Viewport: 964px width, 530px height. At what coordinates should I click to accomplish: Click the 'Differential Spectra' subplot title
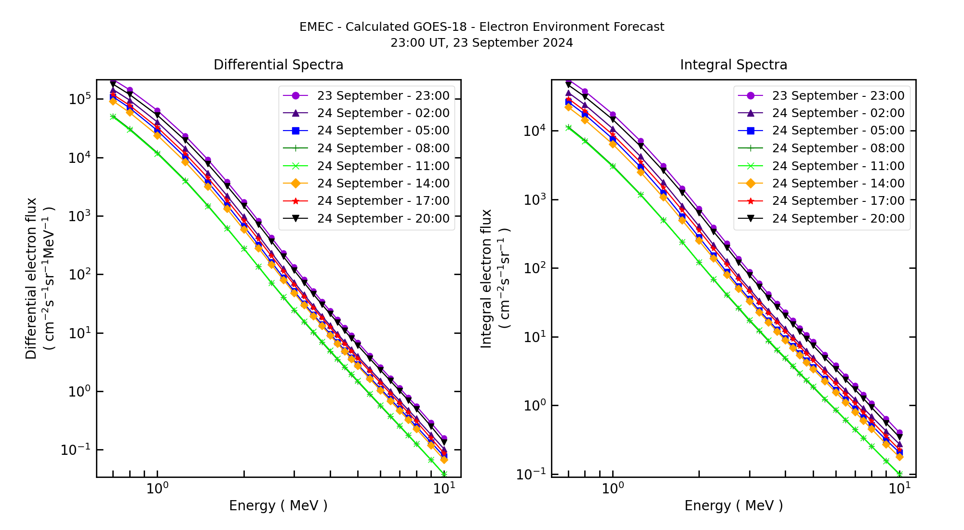(278, 65)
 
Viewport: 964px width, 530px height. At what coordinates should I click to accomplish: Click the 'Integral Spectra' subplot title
(733, 65)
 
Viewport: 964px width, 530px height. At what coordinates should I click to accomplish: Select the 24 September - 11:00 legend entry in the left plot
(383, 166)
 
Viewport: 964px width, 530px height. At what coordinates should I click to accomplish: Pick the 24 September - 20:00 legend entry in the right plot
(838, 219)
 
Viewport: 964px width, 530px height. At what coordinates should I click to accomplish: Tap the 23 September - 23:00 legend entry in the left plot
(383, 96)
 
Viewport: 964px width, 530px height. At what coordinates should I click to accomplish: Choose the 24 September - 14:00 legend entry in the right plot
(838, 184)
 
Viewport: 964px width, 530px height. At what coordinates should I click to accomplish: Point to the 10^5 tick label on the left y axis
(80, 99)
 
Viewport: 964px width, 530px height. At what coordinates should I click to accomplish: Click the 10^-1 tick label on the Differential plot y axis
(76, 450)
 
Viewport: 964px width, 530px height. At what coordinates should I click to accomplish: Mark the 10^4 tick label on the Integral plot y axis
(535, 131)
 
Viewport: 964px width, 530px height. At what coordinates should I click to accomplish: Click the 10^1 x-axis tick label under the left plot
(444, 489)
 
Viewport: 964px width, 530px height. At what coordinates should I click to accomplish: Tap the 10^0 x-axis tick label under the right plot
(613, 489)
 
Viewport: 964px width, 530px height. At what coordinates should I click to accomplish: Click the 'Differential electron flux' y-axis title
(31, 278)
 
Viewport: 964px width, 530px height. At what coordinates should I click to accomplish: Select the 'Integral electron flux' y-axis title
(486, 278)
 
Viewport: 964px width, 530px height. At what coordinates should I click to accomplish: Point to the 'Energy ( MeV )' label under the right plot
(733, 505)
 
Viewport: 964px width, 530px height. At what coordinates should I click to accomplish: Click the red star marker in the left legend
(296, 201)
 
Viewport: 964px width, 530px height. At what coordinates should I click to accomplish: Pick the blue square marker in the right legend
(750, 131)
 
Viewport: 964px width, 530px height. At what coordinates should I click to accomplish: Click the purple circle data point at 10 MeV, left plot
(444, 438)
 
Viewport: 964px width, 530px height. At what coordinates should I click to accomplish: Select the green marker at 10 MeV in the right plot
(899, 474)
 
